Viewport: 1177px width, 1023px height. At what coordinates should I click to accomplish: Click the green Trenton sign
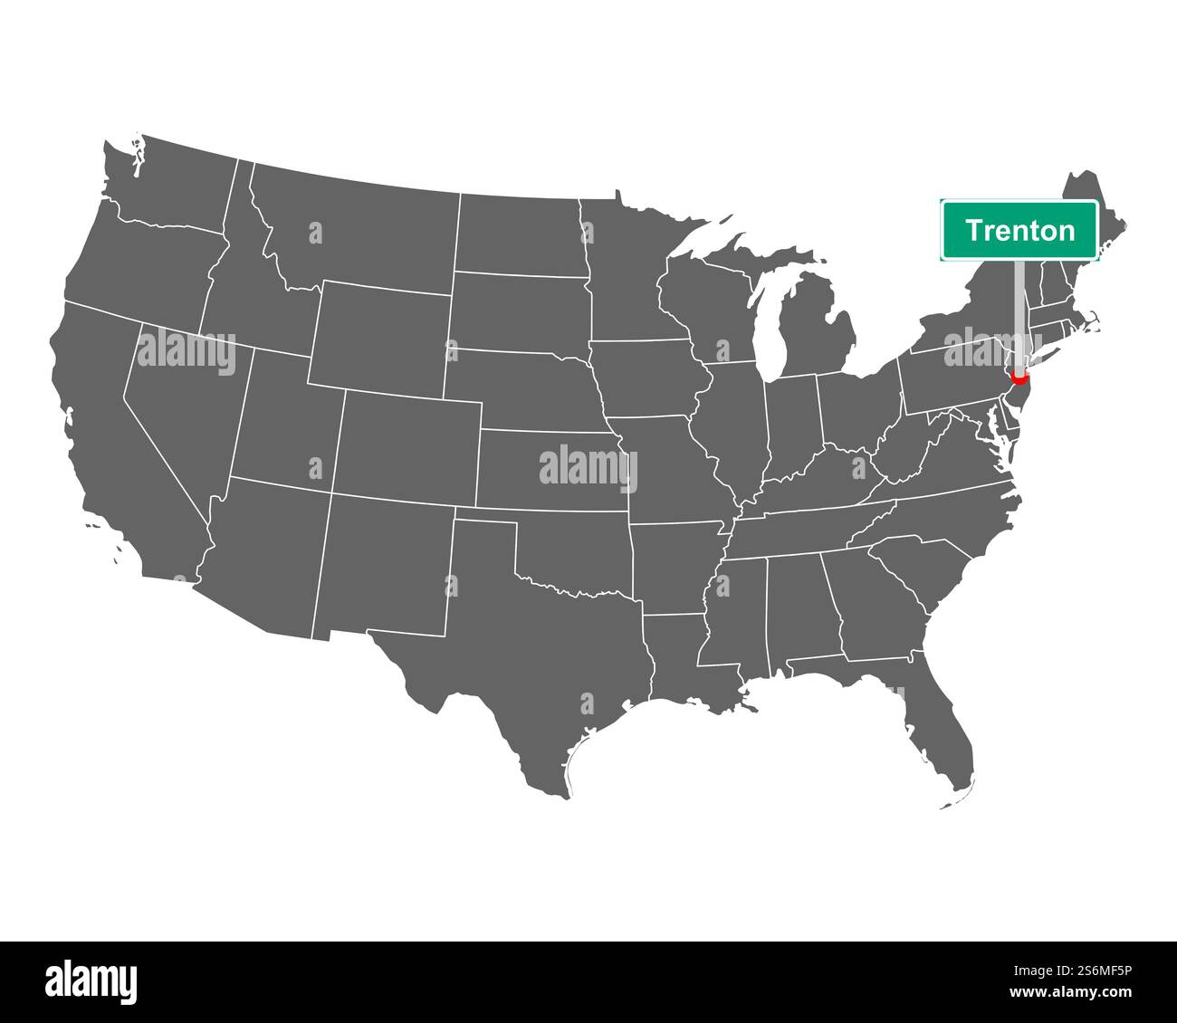coord(1019,230)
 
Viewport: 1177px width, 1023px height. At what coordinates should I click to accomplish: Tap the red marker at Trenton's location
coord(1019,378)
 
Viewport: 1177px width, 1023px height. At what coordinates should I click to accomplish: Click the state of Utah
coord(290,416)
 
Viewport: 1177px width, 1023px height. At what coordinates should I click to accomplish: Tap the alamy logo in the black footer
coord(91,981)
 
